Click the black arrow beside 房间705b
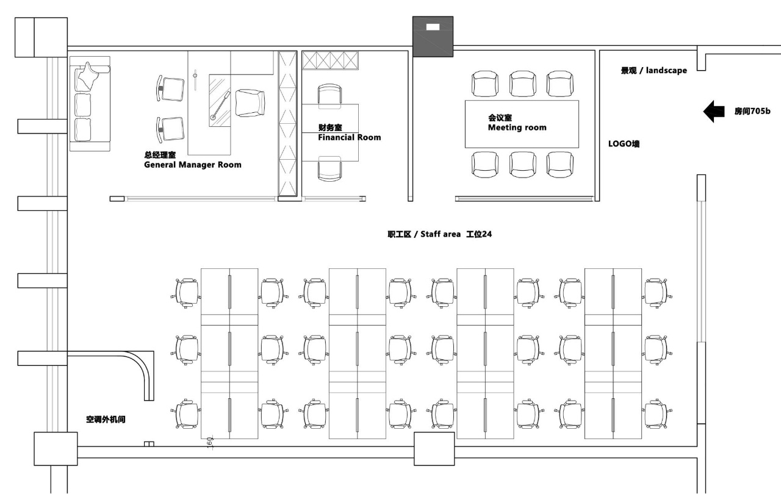714,112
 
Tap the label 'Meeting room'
517,127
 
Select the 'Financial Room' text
350,137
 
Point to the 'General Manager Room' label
192,165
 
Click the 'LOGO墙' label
624,143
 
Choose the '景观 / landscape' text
653,70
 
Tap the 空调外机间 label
106,419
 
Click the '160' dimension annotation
209,443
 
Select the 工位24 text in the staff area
479,234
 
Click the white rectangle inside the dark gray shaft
433,27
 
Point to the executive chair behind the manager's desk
250,103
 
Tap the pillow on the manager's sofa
87,76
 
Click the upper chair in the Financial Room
329,94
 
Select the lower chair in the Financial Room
329,168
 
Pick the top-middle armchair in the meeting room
522,84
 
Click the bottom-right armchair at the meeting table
560,165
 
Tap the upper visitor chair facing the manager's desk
170,88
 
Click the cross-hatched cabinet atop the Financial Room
330,60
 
